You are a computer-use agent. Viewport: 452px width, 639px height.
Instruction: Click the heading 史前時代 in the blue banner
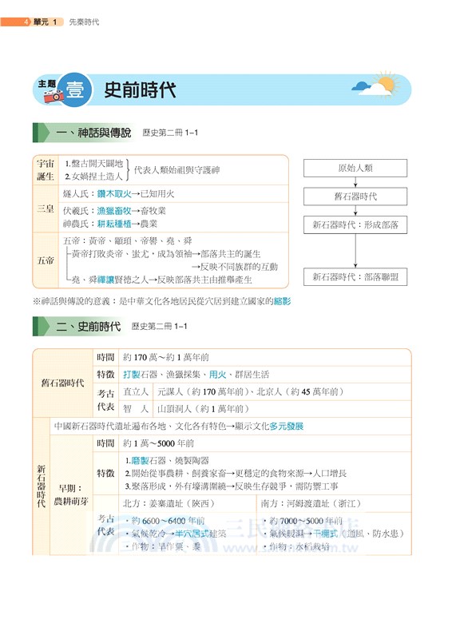(140, 89)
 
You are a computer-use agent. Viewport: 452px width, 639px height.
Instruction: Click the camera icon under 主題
(54, 96)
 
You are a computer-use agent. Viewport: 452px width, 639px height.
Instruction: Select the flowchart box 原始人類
(355, 169)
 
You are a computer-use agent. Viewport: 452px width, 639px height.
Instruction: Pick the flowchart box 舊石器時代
(355, 196)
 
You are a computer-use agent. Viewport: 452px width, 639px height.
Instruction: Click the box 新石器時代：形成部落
(355, 225)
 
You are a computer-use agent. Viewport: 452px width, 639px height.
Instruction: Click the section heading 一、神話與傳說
(93, 133)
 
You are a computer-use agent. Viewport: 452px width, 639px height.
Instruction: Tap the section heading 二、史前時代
(88, 326)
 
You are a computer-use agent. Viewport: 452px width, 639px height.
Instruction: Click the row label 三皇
(46, 209)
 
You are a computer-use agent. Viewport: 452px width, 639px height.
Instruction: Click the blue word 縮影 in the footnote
(281, 301)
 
